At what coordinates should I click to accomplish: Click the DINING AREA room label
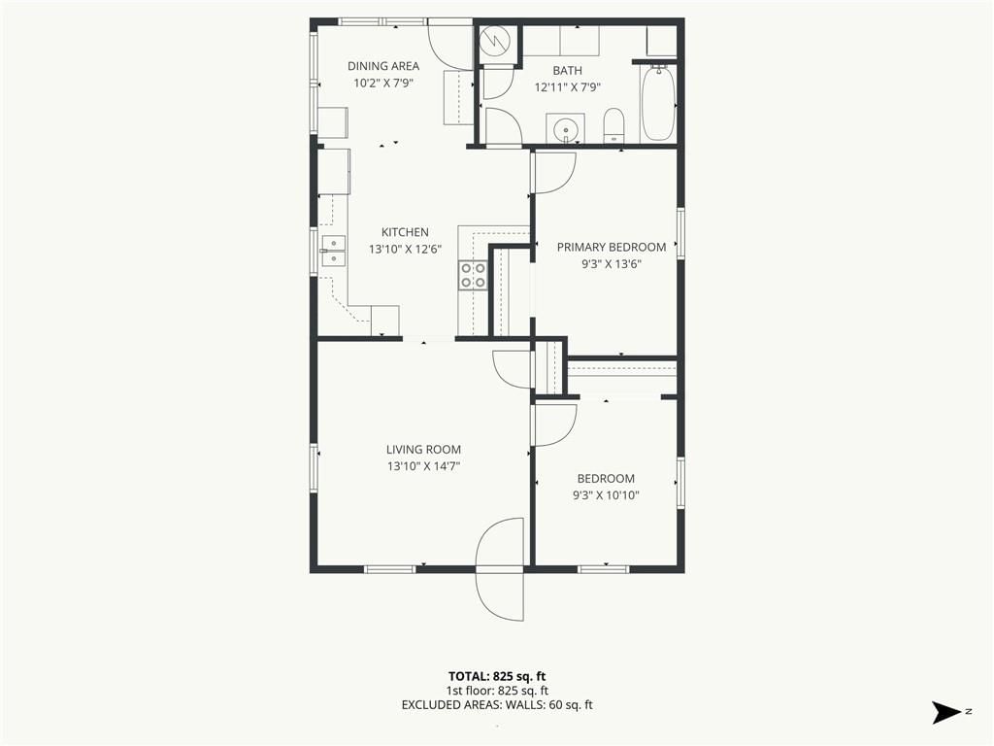382,66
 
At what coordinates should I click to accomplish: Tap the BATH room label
567,71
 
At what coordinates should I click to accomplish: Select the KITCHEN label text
405,232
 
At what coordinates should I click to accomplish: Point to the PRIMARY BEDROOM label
612,248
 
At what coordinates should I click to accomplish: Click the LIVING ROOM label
423,450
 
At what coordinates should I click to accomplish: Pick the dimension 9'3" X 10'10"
606,495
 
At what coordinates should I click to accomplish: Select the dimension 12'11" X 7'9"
567,87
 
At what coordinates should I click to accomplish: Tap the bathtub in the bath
658,103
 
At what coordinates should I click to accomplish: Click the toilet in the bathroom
613,125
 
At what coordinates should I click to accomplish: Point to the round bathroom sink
566,129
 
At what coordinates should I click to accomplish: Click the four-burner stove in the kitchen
473,275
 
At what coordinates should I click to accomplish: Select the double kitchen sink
333,251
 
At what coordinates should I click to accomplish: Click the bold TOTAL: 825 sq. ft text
497,676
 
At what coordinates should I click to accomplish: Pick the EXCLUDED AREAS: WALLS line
497,705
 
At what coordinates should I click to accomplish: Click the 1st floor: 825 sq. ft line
497,691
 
